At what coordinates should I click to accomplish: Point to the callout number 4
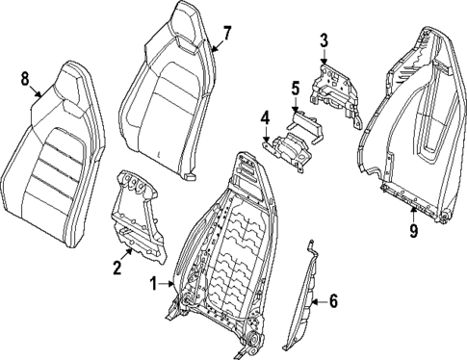tap(263, 119)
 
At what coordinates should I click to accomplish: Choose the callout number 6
tap(333, 300)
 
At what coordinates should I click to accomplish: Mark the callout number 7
tap(227, 33)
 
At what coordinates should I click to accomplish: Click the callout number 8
tap(25, 80)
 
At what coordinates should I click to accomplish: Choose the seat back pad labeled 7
tap(183, 96)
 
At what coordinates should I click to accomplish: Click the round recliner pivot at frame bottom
tap(254, 343)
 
